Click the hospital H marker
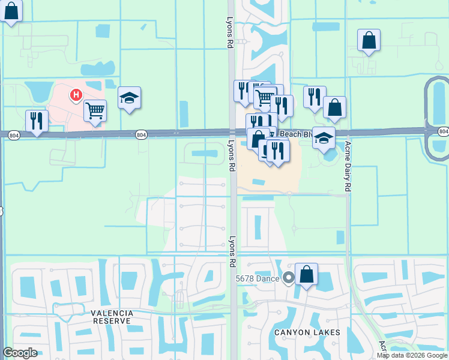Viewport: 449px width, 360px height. (76, 94)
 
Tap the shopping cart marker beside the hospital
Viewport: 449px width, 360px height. (95, 110)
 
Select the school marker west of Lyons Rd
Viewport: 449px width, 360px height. (129, 97)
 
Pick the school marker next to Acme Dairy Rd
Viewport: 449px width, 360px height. (324, 137)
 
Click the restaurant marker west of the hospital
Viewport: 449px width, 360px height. (37, 121)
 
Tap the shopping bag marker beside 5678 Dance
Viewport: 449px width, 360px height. (306, 274)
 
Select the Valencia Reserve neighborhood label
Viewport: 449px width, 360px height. (110, 317)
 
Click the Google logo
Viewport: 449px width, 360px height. (20, 353)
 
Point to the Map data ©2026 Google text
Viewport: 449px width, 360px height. (412, 355)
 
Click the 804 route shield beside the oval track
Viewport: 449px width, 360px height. (443, 131)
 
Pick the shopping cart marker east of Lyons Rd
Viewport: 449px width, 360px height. (264, 97)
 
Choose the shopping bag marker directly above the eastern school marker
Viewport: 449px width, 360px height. (335, 107)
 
